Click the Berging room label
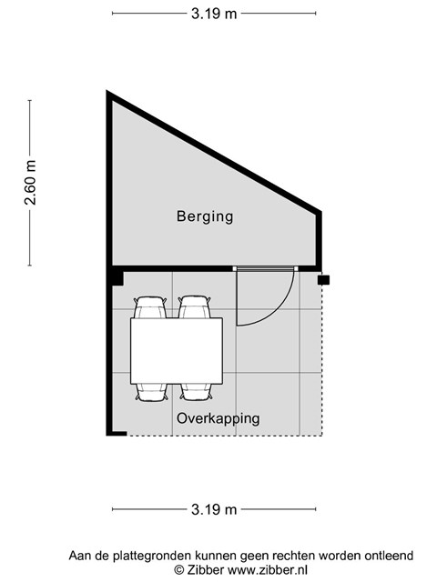point(205,216)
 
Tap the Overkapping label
point(218,418)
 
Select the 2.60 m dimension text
point(30,183)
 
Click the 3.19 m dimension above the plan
point(214,14)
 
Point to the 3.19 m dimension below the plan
point(214,509)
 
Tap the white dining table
point(177,351)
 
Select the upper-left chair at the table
point(149,307)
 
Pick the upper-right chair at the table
point(194,307)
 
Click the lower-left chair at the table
point(151,392)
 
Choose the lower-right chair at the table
point(196,392)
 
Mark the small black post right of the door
point(323,280)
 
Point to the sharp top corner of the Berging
point(107,91)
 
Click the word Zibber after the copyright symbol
point(205,570)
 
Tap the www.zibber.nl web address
point(267,570)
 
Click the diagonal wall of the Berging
point(214,152)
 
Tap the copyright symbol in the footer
point(179,570)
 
